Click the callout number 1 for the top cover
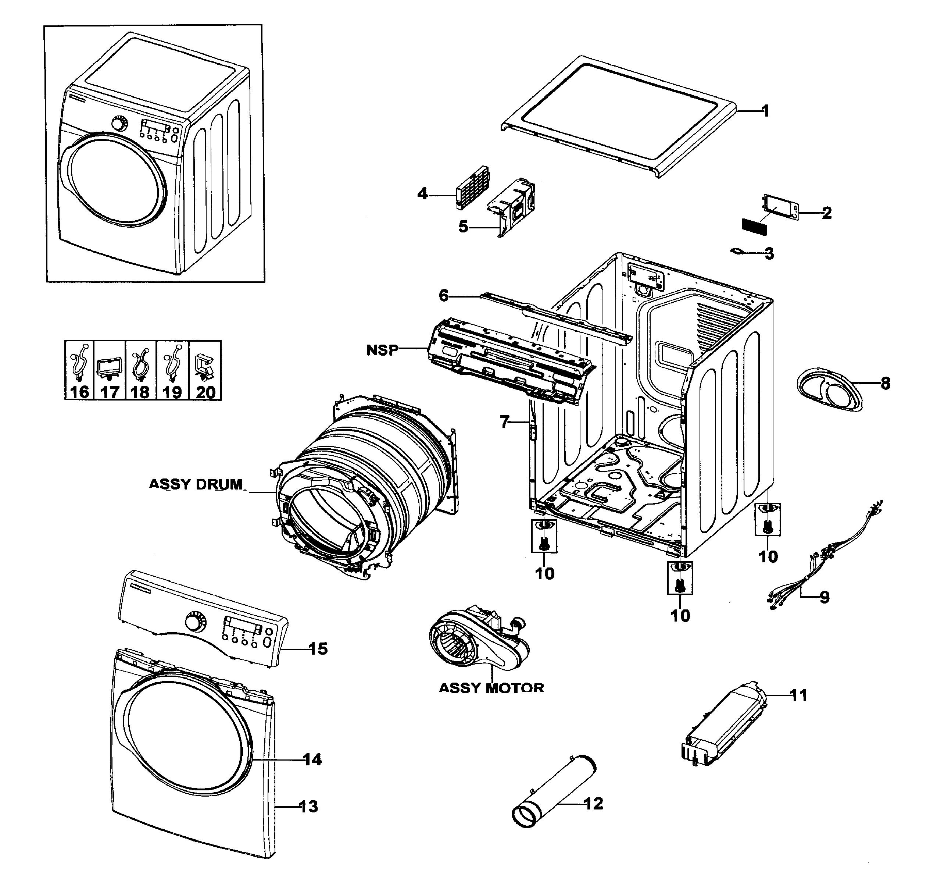(765, 111)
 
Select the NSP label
(382, 350)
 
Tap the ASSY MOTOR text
(491, 688)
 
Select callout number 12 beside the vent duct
(593, 803)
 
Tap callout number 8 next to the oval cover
(885, 384)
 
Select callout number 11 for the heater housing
(798, 695)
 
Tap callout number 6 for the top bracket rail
(444, 296)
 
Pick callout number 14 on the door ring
(312, 759)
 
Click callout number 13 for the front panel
(309, 807)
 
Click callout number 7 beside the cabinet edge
(504, 421)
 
